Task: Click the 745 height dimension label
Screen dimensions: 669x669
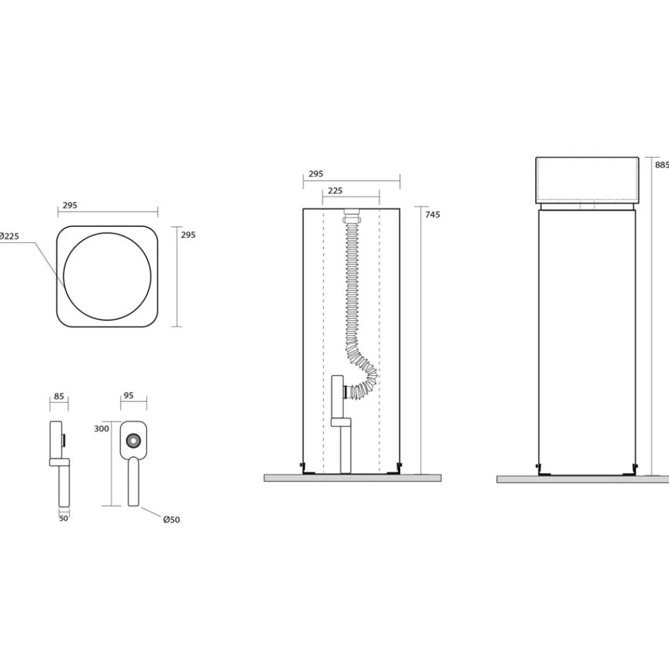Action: coord(432,215)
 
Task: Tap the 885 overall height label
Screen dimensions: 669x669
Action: coord(662,165)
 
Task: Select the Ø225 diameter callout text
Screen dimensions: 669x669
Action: coord(9,236)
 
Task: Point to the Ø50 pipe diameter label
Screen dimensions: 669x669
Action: coord(171,520)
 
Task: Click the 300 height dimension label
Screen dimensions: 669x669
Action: coord(102,429)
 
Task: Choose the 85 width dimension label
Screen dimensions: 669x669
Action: coord(59,396)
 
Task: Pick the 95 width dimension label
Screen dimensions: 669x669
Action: coord(128,395)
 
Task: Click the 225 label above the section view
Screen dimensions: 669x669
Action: coord(335,191)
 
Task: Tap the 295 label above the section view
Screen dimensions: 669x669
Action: coord(316,174)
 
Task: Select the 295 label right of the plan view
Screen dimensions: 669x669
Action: coord(188,235)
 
